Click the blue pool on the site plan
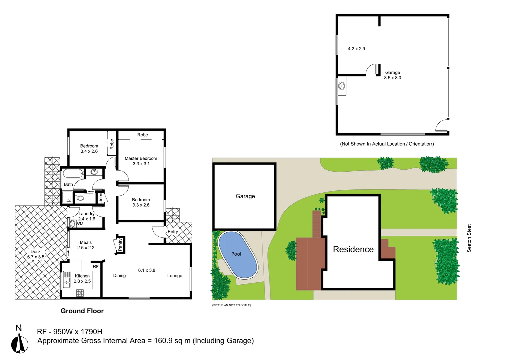point(238,254)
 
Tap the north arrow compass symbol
point(20,343)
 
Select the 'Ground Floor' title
point(82,311)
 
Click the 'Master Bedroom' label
point(141,158)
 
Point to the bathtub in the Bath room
point(73,173)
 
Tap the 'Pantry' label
point(120,244)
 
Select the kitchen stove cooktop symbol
point(80,293)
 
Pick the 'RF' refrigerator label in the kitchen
point(96,267)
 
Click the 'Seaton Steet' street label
point(469,238)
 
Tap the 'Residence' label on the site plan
point(353,249)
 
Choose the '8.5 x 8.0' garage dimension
point(392,78)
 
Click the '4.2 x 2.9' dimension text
point(356,49)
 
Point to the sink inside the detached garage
point(341,86)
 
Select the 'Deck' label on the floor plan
point(36,252)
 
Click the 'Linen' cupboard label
point(101,198)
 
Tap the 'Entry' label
point(173,232)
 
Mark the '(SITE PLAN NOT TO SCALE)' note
point(232,305)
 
